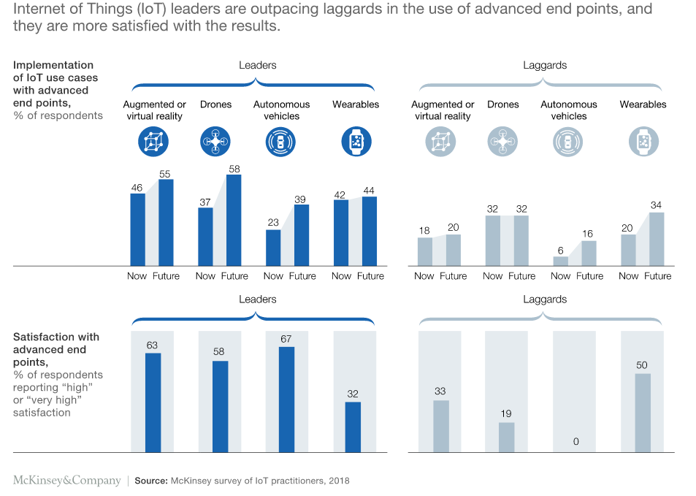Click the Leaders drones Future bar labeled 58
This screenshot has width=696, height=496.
click(234, 220)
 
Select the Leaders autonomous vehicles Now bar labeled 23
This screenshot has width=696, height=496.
click(273, 248)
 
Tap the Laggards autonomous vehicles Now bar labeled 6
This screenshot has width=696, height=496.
click(560, 261)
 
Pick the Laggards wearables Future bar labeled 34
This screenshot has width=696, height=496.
click(657, 239)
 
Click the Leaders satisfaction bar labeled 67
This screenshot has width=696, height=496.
click(286, 399)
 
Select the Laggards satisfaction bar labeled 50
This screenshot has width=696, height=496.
click(642, 413)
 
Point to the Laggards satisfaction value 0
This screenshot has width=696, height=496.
click(575, 442)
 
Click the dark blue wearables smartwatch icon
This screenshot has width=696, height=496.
click(356, 142)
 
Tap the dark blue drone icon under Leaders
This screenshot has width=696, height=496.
click(215, 142)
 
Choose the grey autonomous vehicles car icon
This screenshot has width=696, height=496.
click(568, 142)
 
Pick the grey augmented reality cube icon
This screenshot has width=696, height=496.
click(440, 142)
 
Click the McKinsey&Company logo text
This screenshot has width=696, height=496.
click(67, 481)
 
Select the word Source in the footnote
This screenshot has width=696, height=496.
click(150, 481)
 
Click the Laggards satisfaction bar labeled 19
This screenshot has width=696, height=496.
click(506, 437)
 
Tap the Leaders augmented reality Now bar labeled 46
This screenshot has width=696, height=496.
click(137, 229)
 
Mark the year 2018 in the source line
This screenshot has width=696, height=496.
click(338, 481)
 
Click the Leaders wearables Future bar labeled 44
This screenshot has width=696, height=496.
click(370, 231)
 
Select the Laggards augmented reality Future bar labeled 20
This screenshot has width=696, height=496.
click(453, 250)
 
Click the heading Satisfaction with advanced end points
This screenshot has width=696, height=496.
click(56, 349)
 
